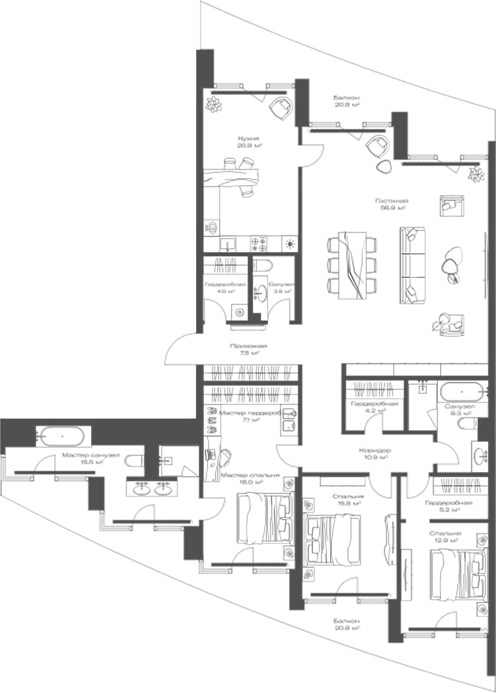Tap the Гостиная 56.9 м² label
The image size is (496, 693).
tap(391, 204)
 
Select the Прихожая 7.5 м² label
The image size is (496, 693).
tap(248, 349)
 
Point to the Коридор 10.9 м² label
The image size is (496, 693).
tap(375, 453)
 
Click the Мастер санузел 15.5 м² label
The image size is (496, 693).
tap(91, 458)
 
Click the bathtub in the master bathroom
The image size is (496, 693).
tap(63, 436)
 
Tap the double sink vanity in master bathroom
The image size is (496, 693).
tap(152, 488)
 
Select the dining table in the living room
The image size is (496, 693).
tap(352, 265)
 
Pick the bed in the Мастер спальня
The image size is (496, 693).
tap(265, 518)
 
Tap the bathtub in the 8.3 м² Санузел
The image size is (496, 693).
tap(462, 392)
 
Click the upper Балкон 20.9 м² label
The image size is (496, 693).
tap(347, 101)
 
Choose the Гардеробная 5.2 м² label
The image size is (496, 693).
tap(448, 506)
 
